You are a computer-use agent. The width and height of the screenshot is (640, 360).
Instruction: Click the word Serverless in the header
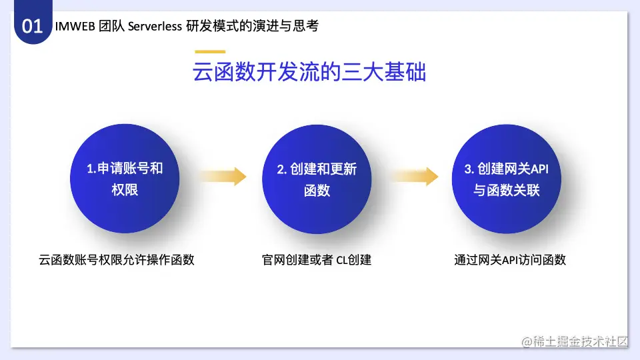click(x=155, y=26)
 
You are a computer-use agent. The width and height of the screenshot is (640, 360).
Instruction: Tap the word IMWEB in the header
click(x=75, y=26)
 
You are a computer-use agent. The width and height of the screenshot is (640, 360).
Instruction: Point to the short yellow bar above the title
click(x=210, y=52)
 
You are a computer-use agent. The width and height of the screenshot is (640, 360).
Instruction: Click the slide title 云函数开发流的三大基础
click(x=309, y=72)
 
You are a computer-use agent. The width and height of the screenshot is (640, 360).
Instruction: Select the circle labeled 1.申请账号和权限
click(x=125, y=179)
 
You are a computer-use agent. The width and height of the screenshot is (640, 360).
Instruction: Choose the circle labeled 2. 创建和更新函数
click(x=317, y=179)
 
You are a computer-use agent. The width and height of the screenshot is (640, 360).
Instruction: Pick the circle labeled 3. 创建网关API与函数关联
click(x=506, y=179)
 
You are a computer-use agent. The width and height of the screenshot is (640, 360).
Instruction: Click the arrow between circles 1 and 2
click(x=223, y=176)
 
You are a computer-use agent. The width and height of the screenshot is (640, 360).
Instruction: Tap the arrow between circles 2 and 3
click(x=415, y=176)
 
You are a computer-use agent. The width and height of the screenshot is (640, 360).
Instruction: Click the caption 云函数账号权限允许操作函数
click(x=116, y=259)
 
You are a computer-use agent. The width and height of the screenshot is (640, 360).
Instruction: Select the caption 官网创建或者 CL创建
click(x=316, y=259)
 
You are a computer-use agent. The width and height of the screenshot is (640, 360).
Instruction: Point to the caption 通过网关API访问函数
click(x=510, y=259)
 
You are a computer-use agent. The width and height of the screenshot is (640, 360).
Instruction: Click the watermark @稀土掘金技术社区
click(x=575, y=341)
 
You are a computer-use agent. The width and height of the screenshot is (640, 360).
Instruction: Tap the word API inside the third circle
click(x=539, y=169)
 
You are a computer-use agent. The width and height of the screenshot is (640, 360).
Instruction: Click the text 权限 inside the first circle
click(x=125, y=190)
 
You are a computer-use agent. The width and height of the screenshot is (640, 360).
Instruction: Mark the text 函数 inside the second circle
click(x=317, y=190)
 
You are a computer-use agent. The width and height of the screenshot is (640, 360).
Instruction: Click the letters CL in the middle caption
click(x=341, y=260)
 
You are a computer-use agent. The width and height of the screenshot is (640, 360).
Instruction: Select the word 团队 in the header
click(x=111, y=26)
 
